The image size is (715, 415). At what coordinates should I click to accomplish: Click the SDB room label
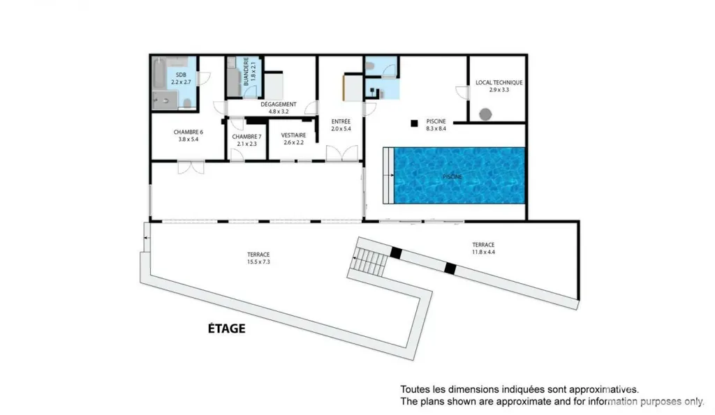[x=181, y=75]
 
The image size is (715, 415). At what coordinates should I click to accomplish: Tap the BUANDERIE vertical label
[x=246, y=72]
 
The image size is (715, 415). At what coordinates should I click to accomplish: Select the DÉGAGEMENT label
[x=279, y=105]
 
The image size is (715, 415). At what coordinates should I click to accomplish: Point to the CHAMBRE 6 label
[x=189, y=132]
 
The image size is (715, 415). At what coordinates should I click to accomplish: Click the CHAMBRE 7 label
[x=246, y=137]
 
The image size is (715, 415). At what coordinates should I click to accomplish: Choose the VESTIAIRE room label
[x=293, y=135]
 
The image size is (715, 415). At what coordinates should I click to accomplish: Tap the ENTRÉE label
[x=341, y=121]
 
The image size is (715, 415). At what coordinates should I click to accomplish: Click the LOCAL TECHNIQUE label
[x=499, y=82]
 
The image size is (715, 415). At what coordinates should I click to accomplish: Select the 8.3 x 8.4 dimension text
[x=436, y=128]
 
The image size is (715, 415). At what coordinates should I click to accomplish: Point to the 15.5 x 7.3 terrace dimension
[x=258, y=262]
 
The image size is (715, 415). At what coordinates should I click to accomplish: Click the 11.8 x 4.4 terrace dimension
[x=483, y=252]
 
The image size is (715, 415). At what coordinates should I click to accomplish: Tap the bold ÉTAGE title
[x=227, y=329]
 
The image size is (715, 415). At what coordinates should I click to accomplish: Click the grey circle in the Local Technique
[x=485, y=114]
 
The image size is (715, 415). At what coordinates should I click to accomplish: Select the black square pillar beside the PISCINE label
[x=414, y=123]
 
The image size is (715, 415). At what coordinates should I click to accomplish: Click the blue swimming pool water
[x=459, y=175]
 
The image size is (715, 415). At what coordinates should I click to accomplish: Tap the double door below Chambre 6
[x=191, y=167]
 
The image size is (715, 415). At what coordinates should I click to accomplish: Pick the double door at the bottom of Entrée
[x=342, y=153]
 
